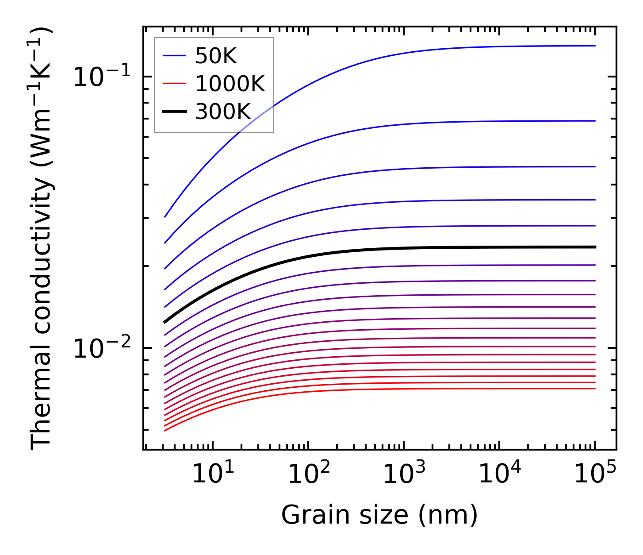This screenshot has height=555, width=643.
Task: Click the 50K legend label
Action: click(x=216, y=56)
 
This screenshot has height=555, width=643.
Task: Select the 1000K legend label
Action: click(x=230, y=84)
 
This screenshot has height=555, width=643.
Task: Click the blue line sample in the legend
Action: click(x=175, y=56)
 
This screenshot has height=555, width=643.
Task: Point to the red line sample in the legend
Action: click(x=175, y=84)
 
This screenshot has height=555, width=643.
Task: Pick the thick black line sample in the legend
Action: click(x=175, y=112)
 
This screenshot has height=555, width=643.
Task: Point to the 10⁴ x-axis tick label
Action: click(x=499, y=474)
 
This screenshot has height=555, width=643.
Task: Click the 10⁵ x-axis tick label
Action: click(x=595, y=474)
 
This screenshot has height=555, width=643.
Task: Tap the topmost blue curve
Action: click(x=398, y=56)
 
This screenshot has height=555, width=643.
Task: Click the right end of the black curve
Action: click(x=595, y=247)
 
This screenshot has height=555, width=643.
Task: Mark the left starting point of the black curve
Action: click(x=165, y=322)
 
